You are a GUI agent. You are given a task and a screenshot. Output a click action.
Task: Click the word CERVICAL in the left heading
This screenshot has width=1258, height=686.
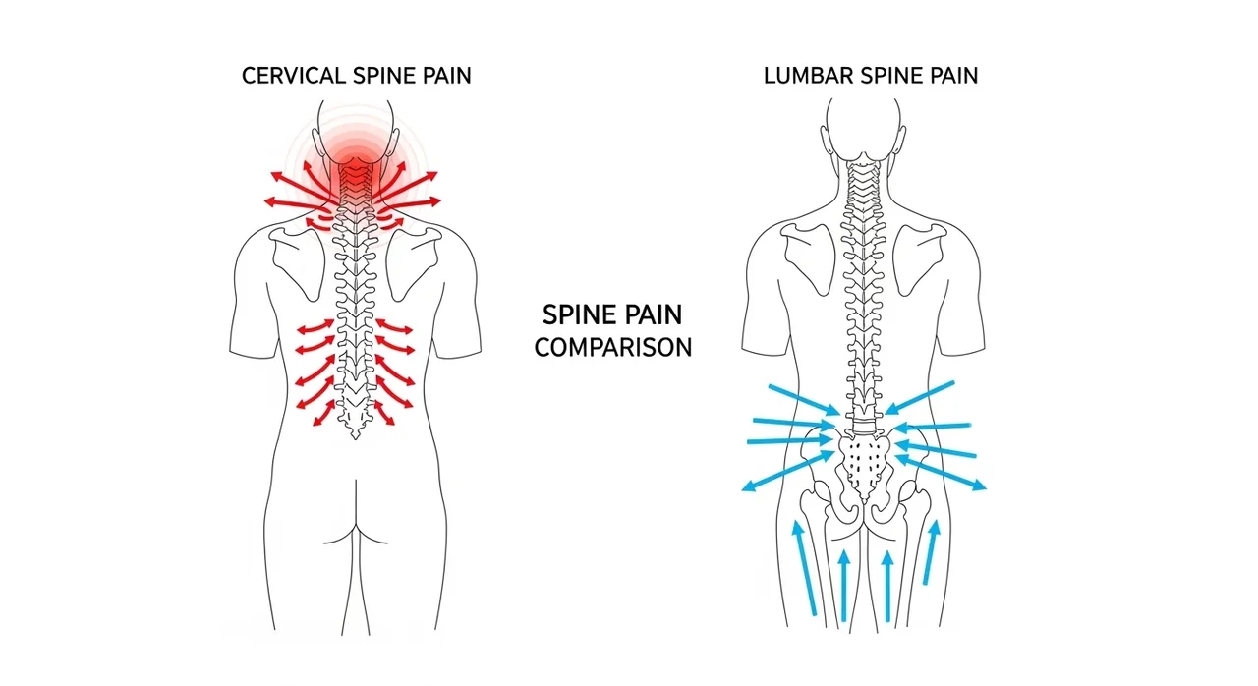[294, 76]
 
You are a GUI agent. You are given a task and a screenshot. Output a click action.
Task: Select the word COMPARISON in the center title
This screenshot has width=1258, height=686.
[612, 348]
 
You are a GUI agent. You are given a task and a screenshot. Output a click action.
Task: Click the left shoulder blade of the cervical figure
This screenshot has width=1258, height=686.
[298, 262]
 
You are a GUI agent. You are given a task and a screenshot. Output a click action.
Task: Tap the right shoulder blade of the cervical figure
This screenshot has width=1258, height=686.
[414, 262]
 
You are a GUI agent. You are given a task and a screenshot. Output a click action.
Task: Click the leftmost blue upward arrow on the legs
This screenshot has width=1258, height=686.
[805, 568]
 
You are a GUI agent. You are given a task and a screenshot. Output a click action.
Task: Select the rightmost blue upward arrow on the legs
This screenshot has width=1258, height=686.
[931, 552]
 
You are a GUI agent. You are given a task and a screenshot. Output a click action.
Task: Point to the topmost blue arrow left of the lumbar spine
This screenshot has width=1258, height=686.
[804, 400]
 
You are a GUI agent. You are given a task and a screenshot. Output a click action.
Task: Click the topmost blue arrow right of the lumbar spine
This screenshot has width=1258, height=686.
[919, 398]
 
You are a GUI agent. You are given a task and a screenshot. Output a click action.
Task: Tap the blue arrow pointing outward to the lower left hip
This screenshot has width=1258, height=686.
[788, 472]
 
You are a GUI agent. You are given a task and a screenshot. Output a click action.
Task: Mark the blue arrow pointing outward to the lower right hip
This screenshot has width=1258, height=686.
[941, 473]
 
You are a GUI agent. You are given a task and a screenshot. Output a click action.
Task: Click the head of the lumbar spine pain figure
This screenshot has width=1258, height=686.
[864, 127]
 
